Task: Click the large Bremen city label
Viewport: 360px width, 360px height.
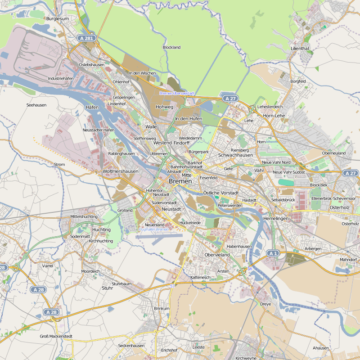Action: [x=180, y=181]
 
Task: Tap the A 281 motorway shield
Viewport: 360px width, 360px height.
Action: [x=85, y=39]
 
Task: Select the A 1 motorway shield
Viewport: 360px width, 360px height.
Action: [x=273, y=253]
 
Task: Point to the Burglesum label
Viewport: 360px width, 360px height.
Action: [x=58, y=19]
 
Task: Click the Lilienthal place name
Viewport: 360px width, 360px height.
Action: [x=300, y=48]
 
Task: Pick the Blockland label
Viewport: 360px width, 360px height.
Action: [x=171, y=47]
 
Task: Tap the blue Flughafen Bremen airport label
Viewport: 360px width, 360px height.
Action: [x=153, y=229]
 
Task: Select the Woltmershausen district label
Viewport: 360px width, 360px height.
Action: [x=121, y=171]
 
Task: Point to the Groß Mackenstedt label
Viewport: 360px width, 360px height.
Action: [x=56, y=336]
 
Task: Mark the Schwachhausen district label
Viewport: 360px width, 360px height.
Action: [x=235, y=155]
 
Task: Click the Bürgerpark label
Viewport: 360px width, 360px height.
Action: [x=199, y=152]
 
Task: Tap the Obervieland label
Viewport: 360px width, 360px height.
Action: [x=217, y=255]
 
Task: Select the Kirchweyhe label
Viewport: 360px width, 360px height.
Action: [x=246, y=358]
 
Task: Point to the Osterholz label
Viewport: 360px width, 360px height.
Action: [x=340, y=207]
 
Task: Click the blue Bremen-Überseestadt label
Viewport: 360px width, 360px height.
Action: [x=177, y=93]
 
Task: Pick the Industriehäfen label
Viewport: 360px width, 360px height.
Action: [x=61, y=78]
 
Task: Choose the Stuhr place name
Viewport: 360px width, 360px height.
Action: [x=108, y=288]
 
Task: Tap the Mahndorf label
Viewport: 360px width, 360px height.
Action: [x=348, y=260]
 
